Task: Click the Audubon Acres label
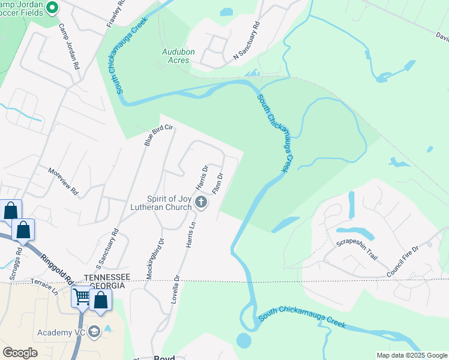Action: click(x=178, y=56)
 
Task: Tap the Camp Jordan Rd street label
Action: click(x=69, y=47)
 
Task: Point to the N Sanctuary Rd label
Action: click(x=247, y=41)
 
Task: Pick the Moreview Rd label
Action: click(x=63, y=182)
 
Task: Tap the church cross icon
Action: click(x=202, y=203)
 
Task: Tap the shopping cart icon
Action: click(x=81, y=296)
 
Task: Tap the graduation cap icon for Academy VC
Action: click(x=95, y=332)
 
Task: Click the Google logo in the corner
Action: click(x=20, y=353)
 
